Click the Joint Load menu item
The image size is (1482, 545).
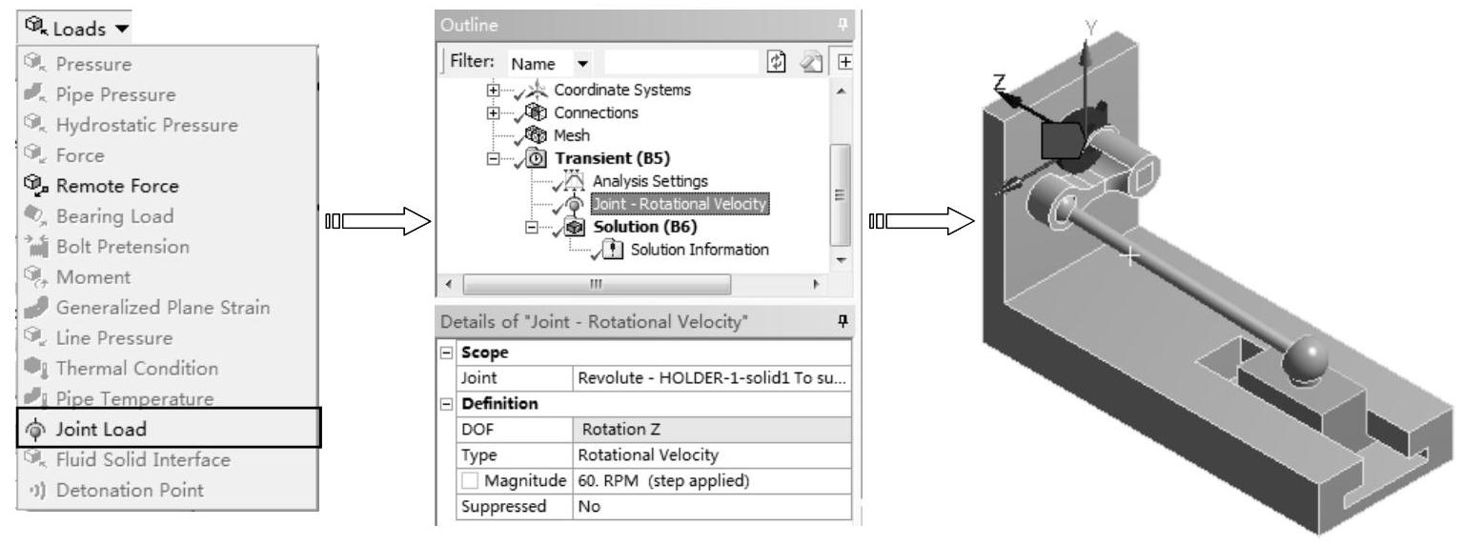click(x=101, y=430)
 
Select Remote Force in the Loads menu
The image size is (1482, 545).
click(x=116, y=186)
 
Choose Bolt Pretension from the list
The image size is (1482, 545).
click(x=122, y=247)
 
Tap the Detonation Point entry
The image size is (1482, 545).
click(x=129, y=491)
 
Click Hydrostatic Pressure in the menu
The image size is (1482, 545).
click(x=147, y=125)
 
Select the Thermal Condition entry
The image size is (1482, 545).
click(x=136, y=369)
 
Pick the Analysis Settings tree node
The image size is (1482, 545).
click(x=650, y=181)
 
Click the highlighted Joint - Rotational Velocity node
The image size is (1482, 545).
click(x=679, y=204)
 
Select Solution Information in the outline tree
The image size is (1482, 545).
click(x=699, y=250)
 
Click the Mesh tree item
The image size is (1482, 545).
click(x=572, y=135)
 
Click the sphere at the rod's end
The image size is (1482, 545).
click(x=1305, y=361)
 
